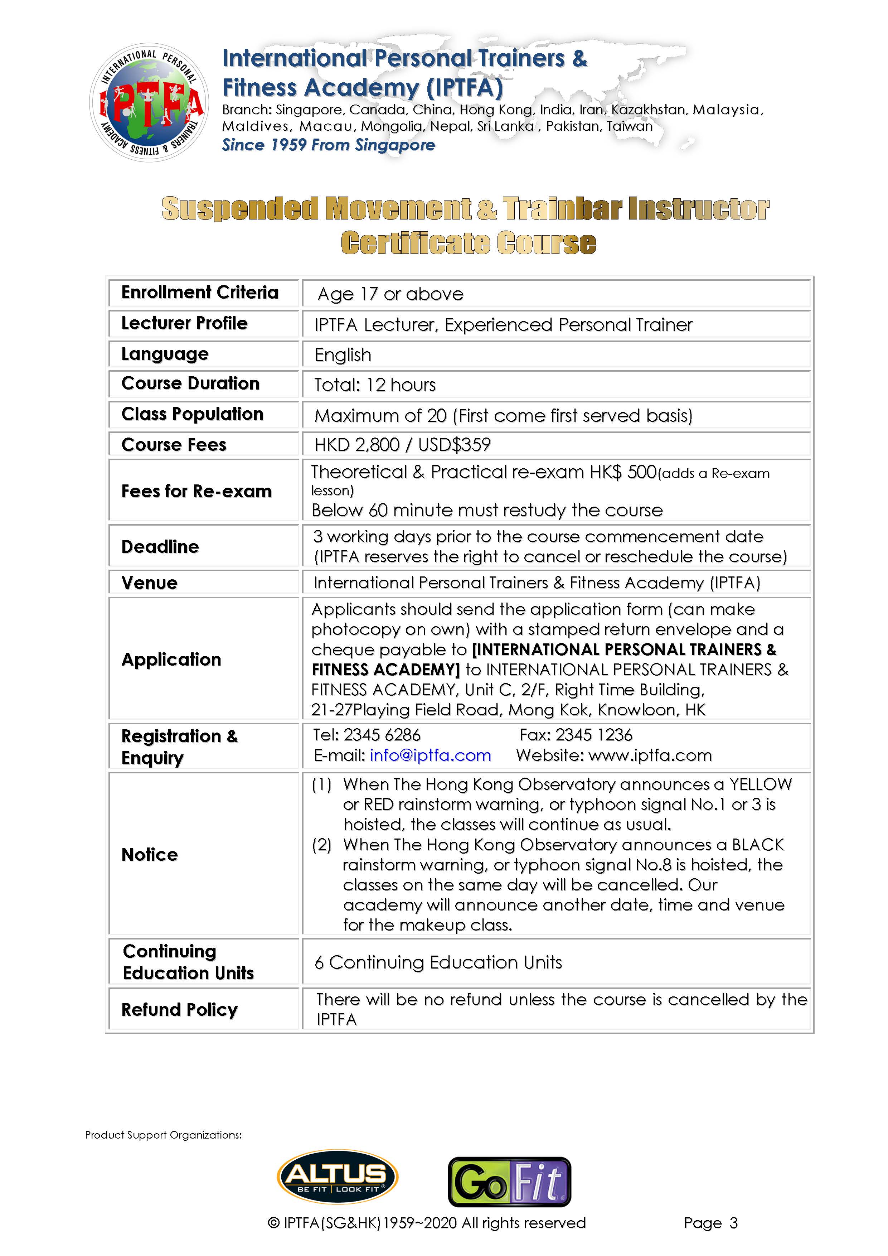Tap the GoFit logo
(x=509, y=1182)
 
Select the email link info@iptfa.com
(x=430, y=755)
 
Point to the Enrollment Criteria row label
(x=200, y=293)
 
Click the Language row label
(x=165, y=354)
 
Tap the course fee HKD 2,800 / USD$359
(x=402, y=445)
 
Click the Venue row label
(x=149, y=583)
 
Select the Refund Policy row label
(x=179, y=1009)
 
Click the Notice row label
(x=149, y=855)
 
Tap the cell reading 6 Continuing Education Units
(x=438, y=962)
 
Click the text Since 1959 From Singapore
(x=328, y=145)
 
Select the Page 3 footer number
(x=710, y=1223)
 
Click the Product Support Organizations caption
(x=163, y=1135)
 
